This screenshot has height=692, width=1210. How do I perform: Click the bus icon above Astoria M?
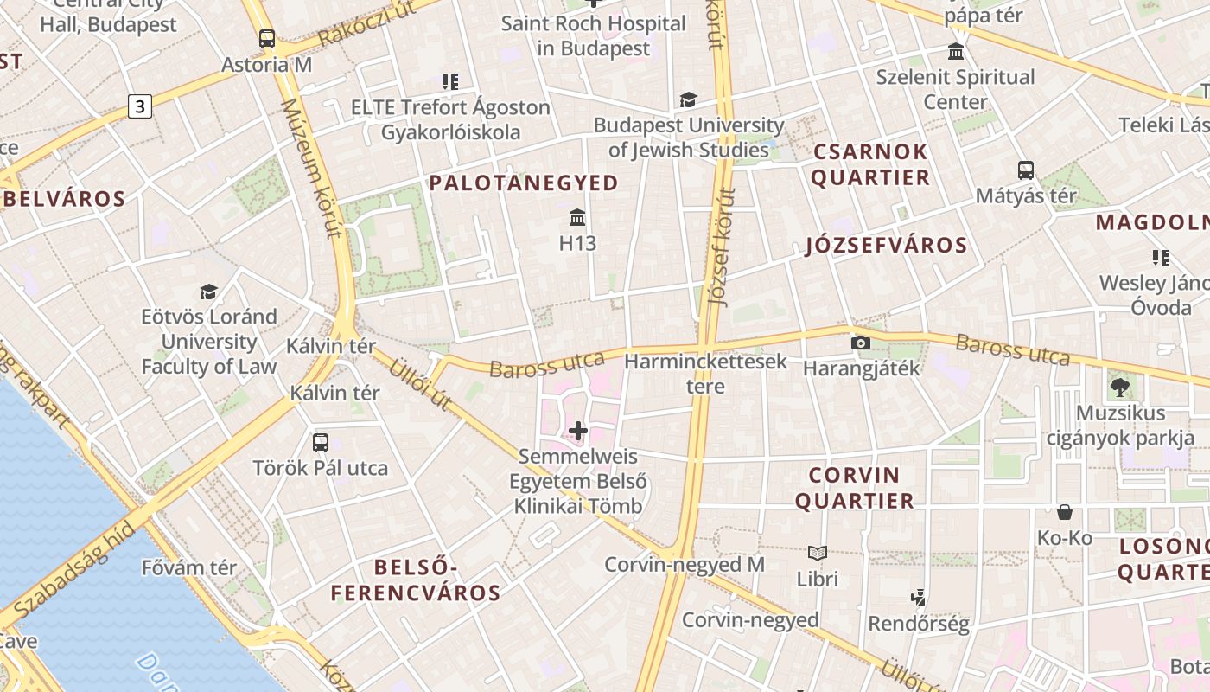click(x=267, y=39)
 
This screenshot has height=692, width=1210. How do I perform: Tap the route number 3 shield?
click(x=139, y=106)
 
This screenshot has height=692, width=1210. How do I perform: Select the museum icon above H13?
click(x=577, y=217)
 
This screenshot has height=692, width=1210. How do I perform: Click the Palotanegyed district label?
click(x=524, y=183)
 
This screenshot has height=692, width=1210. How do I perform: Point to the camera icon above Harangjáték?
click(x=860, y=343)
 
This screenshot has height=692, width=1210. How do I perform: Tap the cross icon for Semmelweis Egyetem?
click(x=578, y=430)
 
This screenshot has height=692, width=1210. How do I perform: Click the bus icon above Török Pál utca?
click(x=321, y=443)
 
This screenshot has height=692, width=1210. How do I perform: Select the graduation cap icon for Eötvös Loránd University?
click(x=208, y=292)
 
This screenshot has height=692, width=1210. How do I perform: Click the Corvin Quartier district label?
click(x=855, y=488)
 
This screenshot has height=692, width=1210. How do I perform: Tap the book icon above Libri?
click(x=818, y=553)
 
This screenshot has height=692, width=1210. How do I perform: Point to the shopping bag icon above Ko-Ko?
click(x=1065, y=512)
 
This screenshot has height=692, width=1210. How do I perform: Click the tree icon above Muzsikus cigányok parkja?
click(x=1120, y=388)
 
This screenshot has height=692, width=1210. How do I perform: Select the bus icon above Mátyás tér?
click(x=1026, y=170)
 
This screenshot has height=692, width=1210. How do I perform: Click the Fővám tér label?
click(x=188, y=567)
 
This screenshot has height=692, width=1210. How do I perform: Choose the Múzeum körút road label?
click(x=313, y=169)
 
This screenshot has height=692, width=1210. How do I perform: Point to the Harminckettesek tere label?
click(x=705, y=373)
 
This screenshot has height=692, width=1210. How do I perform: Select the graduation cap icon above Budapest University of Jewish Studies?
click(x=688, y=100)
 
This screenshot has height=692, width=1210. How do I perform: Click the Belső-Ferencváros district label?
click(x=416, y=580)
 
